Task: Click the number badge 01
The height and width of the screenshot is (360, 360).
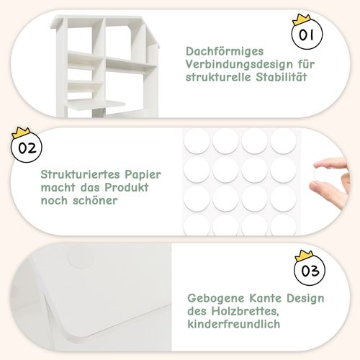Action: (x=307, y=34)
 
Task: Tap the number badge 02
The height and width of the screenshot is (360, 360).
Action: (x=27, y=147)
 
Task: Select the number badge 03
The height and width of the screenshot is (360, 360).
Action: (x=310, y=270)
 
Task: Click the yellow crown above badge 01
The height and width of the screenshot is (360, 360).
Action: (x=301, y=19)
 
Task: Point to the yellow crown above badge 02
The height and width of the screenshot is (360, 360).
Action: (x=21, y=132)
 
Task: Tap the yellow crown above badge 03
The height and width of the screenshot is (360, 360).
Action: (x=304, y=256)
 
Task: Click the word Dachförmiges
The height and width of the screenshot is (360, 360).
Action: (x=225, y=51)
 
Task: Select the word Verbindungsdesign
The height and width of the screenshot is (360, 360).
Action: (x=239, y=64)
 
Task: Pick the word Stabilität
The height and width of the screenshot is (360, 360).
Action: (x=282, y=77)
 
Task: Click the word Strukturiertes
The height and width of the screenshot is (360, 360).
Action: (x=81, y=174)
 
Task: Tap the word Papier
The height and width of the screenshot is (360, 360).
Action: (x=143, y=175)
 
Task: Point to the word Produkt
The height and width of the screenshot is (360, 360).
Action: (x=127, y=187)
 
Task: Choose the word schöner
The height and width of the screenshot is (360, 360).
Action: (x=95, y=200)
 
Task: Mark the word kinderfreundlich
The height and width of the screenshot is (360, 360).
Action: (x=234, y=324)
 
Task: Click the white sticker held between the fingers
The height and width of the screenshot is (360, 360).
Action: (x=318, y=171)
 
